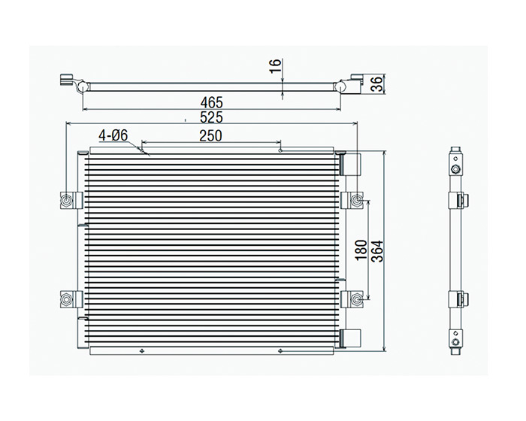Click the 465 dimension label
211,102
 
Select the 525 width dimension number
211,117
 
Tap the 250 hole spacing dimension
210,135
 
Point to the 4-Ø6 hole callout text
113,135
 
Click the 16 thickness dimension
275,65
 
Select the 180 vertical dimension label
361,250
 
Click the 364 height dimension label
378,251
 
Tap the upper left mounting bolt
67,201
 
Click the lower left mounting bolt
67,298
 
